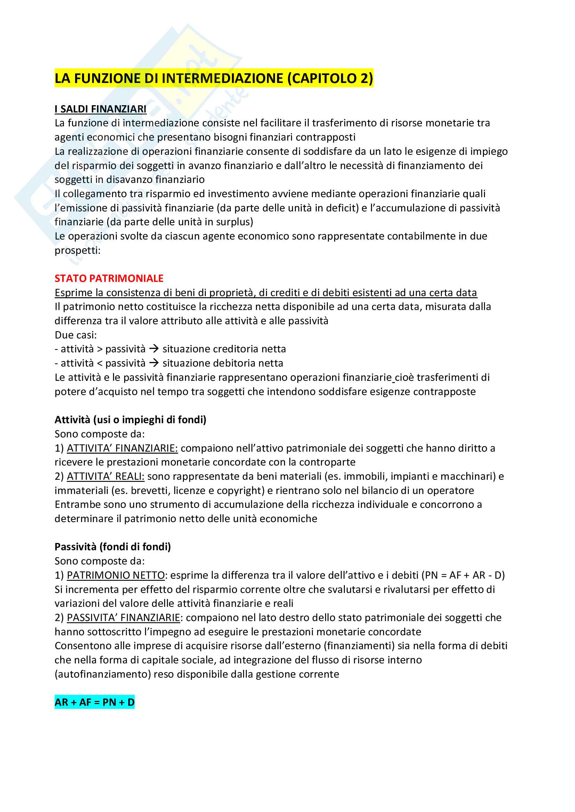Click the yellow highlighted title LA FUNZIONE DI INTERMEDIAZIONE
tap(213, 78)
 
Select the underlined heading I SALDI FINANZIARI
tap(100, 109)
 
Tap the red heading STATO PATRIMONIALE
tap(109, 278)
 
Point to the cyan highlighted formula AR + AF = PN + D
tap(95, 702)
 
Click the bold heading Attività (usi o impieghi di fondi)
tap(130, 420)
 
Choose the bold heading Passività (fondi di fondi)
tap(113, 547)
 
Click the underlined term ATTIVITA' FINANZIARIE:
tap(122, 448)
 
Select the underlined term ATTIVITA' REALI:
tap(106, 476)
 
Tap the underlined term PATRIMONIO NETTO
tap(116, 575)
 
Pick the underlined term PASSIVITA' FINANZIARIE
tap(123, 618)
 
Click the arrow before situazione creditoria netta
tap(154, 349)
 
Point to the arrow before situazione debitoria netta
tap(154, 363)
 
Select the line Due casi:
tap(75, 335)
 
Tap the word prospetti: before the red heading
tap(77, 250)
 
